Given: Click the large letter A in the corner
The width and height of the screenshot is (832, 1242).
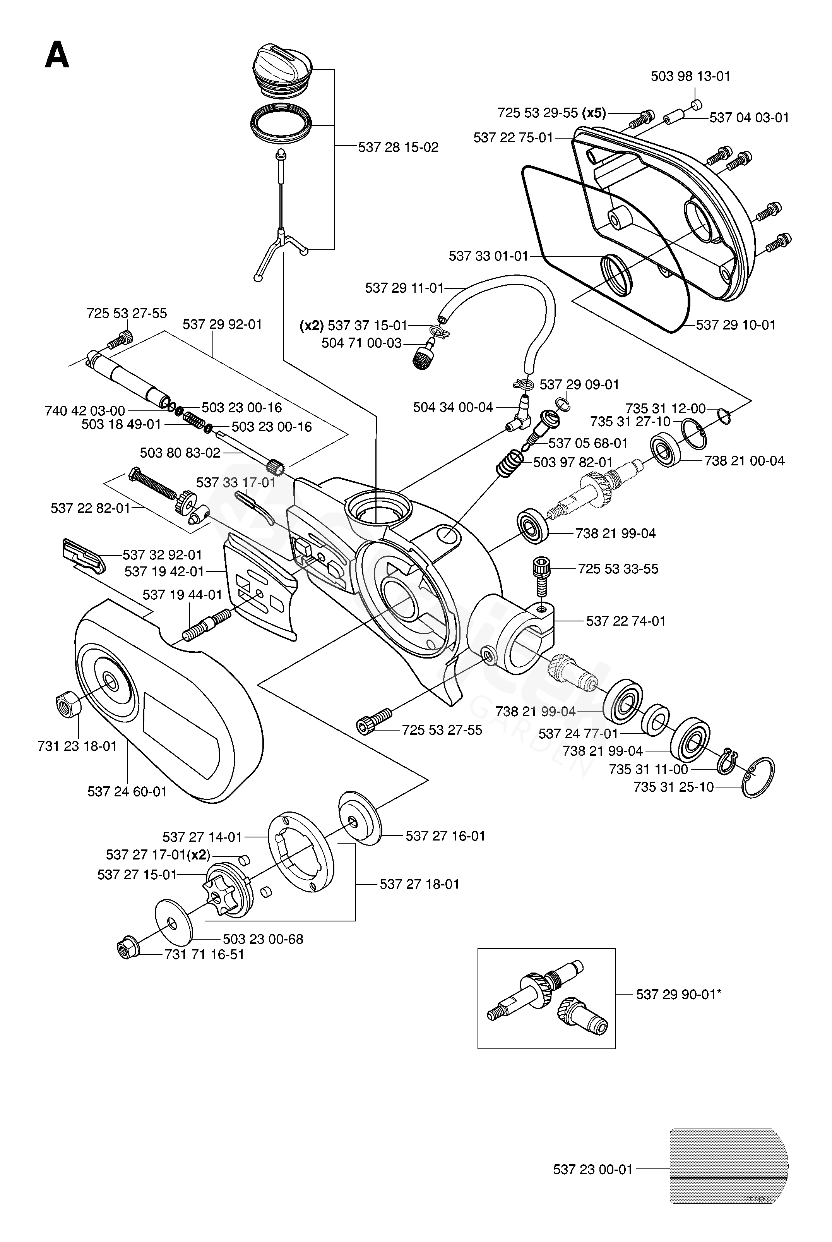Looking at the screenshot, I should (x=57, y=56).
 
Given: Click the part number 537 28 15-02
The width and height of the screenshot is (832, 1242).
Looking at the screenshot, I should (x=398, y=148).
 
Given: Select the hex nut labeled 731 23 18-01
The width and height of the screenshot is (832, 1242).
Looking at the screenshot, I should (x=68, y=705).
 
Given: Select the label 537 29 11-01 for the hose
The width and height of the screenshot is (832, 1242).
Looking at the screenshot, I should (x=404, y=288).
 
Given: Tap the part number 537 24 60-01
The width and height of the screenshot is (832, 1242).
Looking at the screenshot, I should (x=127, y=792).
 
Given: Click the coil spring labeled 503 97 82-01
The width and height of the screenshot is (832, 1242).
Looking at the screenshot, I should (x=509, y=462).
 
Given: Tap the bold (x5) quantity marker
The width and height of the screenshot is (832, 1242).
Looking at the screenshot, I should (x=594, y=113).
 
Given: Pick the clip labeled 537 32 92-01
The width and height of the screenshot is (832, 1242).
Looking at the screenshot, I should (x=83, y=555).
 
